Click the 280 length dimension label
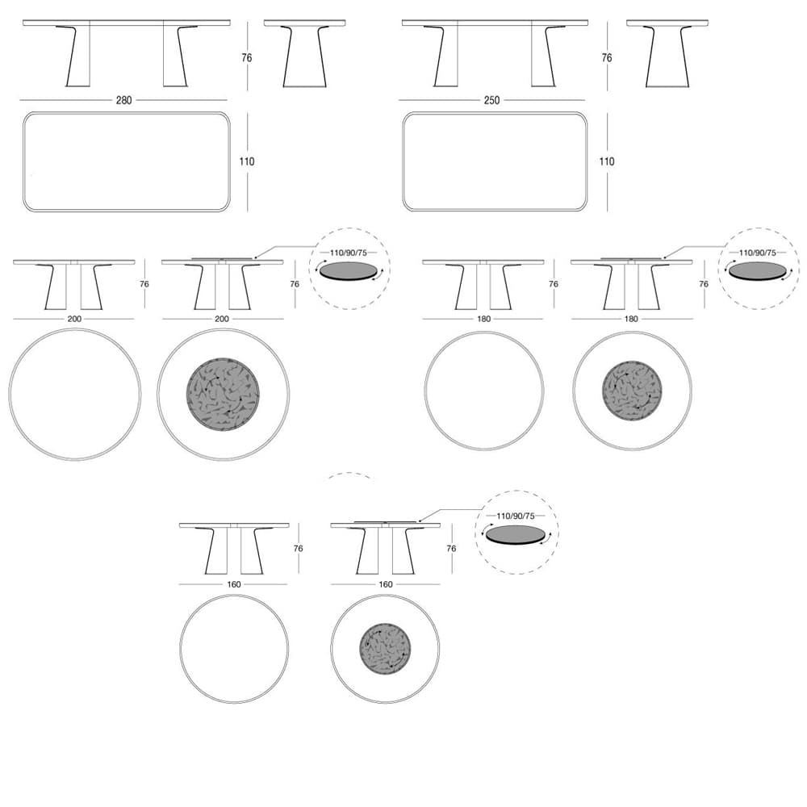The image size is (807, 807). [123, 100]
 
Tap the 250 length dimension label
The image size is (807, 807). [491, 100]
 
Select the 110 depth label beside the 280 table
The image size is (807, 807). [246, 161]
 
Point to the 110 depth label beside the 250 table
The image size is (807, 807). [607, 161]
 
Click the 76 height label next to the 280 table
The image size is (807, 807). [247, 57]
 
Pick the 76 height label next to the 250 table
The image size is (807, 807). [607, 57]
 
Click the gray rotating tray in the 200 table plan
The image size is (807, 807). [223, 395]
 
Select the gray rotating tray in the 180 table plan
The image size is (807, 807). [632, 391]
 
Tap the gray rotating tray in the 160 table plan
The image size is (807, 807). [385, 649]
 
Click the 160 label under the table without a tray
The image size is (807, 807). [234, 584]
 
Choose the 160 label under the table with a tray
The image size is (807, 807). [386, 584]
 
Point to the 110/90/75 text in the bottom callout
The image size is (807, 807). [516, 516]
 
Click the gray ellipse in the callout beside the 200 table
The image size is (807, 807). [349, 271]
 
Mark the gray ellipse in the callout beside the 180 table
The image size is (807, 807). [758, 271]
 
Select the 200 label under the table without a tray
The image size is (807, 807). [74, 319]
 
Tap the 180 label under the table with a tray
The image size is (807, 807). [631, 319]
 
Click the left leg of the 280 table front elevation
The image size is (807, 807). [77, 56]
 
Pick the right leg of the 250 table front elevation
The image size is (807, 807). [545, 56]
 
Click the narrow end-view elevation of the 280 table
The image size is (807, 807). [305, 53]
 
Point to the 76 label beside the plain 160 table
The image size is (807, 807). [298, 549]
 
